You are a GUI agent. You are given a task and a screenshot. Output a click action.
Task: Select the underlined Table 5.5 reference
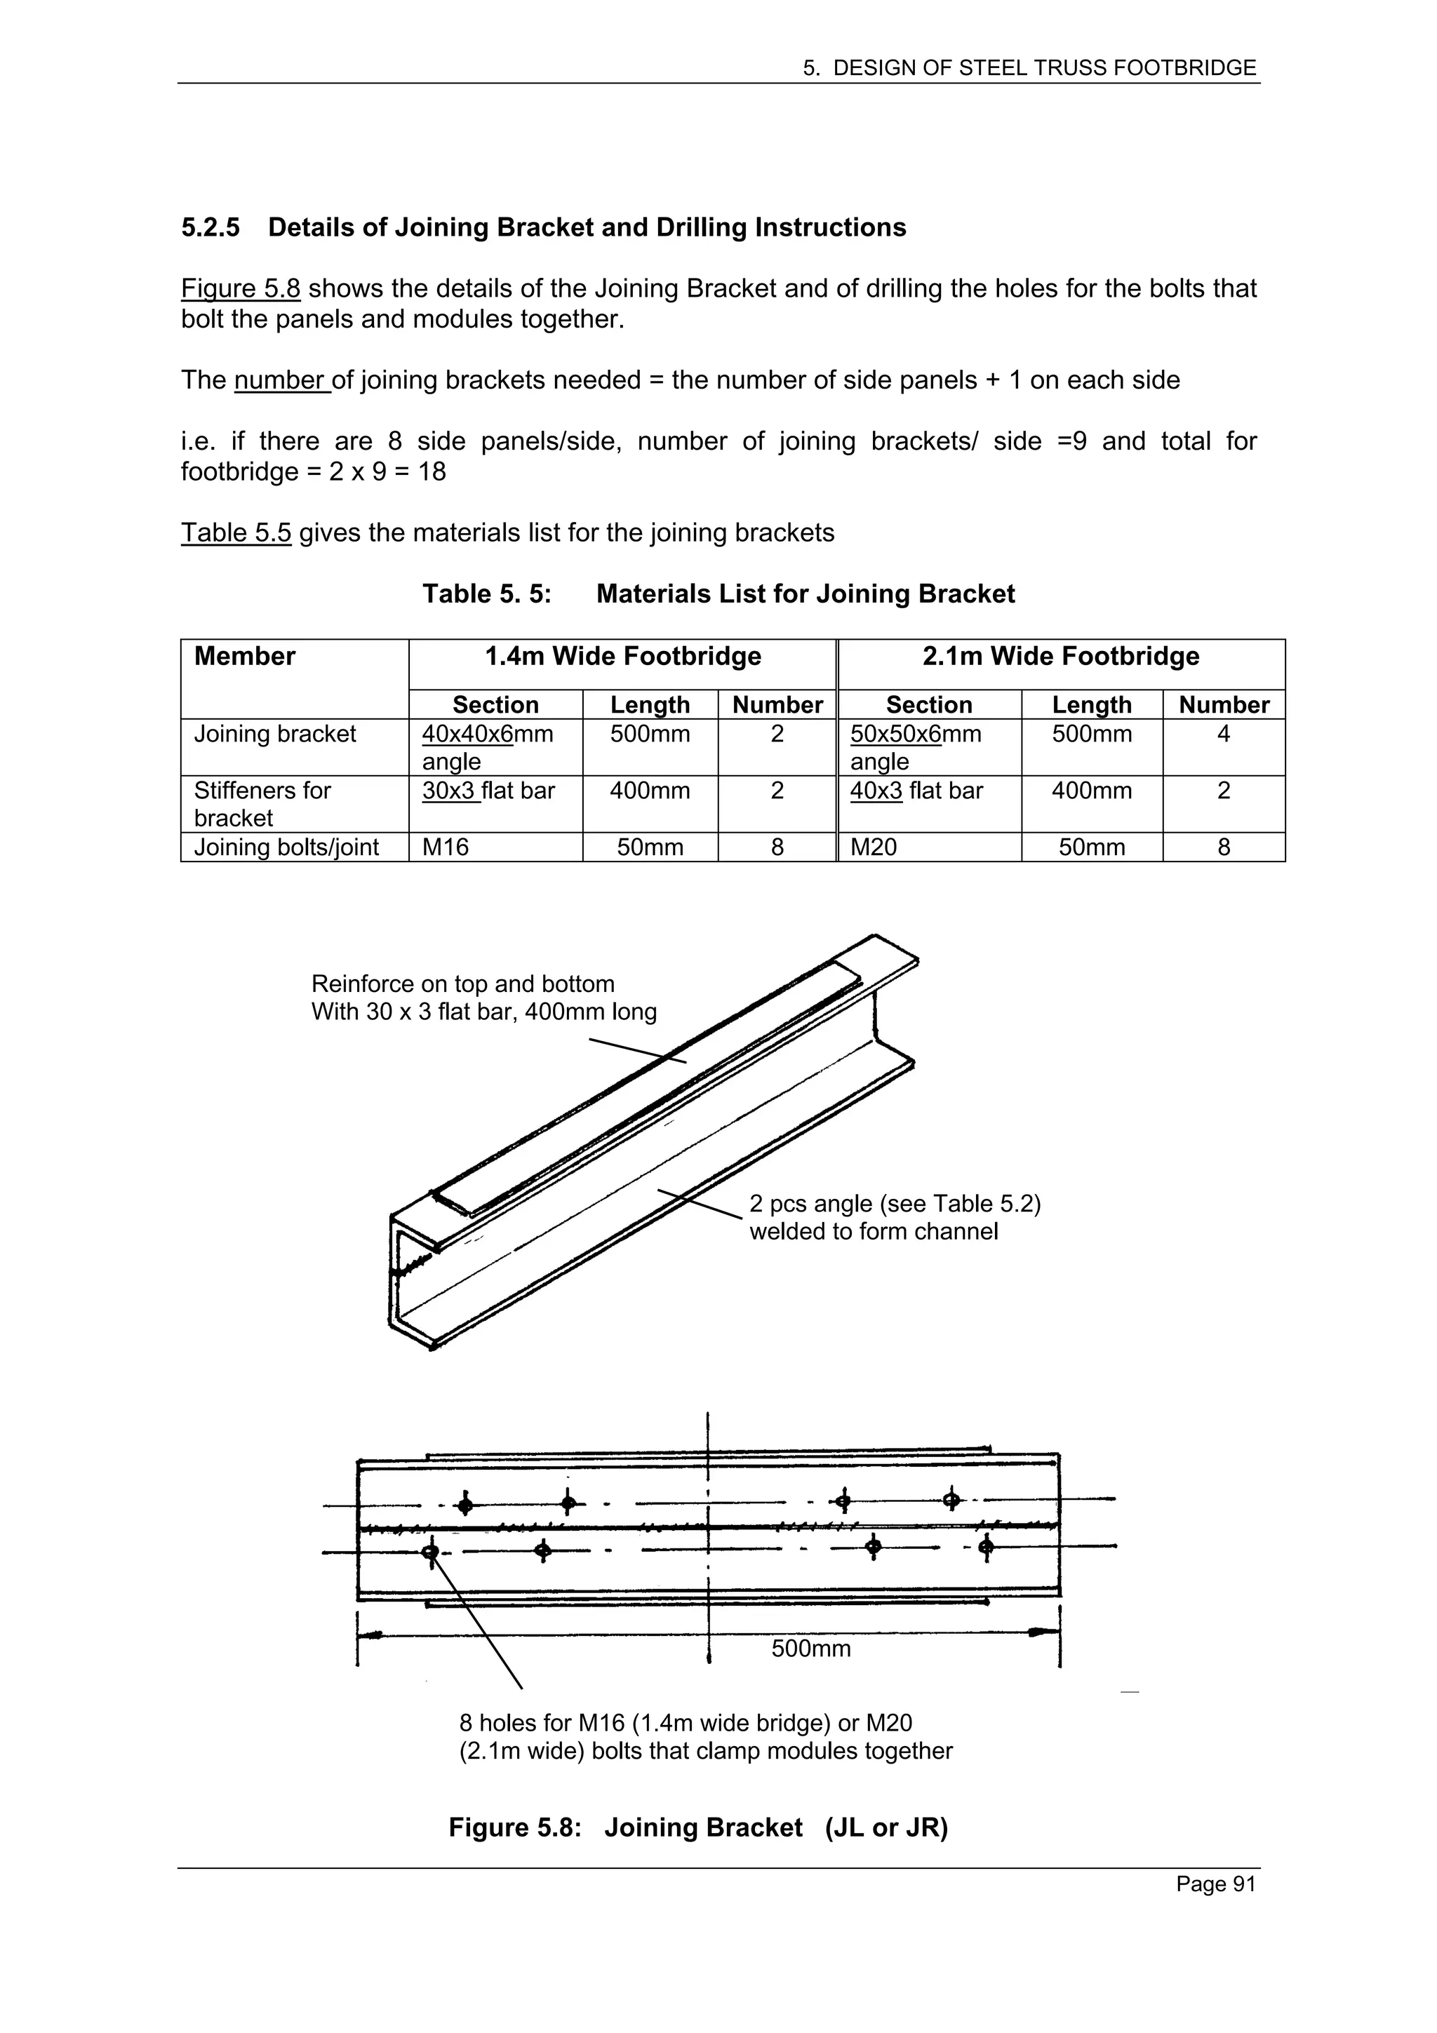236,533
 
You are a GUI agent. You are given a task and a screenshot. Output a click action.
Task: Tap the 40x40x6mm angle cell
488,746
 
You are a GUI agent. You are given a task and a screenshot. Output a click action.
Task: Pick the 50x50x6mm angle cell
916,746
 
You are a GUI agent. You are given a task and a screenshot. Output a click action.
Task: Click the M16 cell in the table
446,847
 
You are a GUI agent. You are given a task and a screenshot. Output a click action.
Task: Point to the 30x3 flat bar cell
488,791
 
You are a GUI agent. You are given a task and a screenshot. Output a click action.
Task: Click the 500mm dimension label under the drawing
810,1649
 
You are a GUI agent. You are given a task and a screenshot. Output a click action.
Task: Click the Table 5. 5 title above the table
717,593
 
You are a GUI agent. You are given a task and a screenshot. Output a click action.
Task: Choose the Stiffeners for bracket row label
262,803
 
